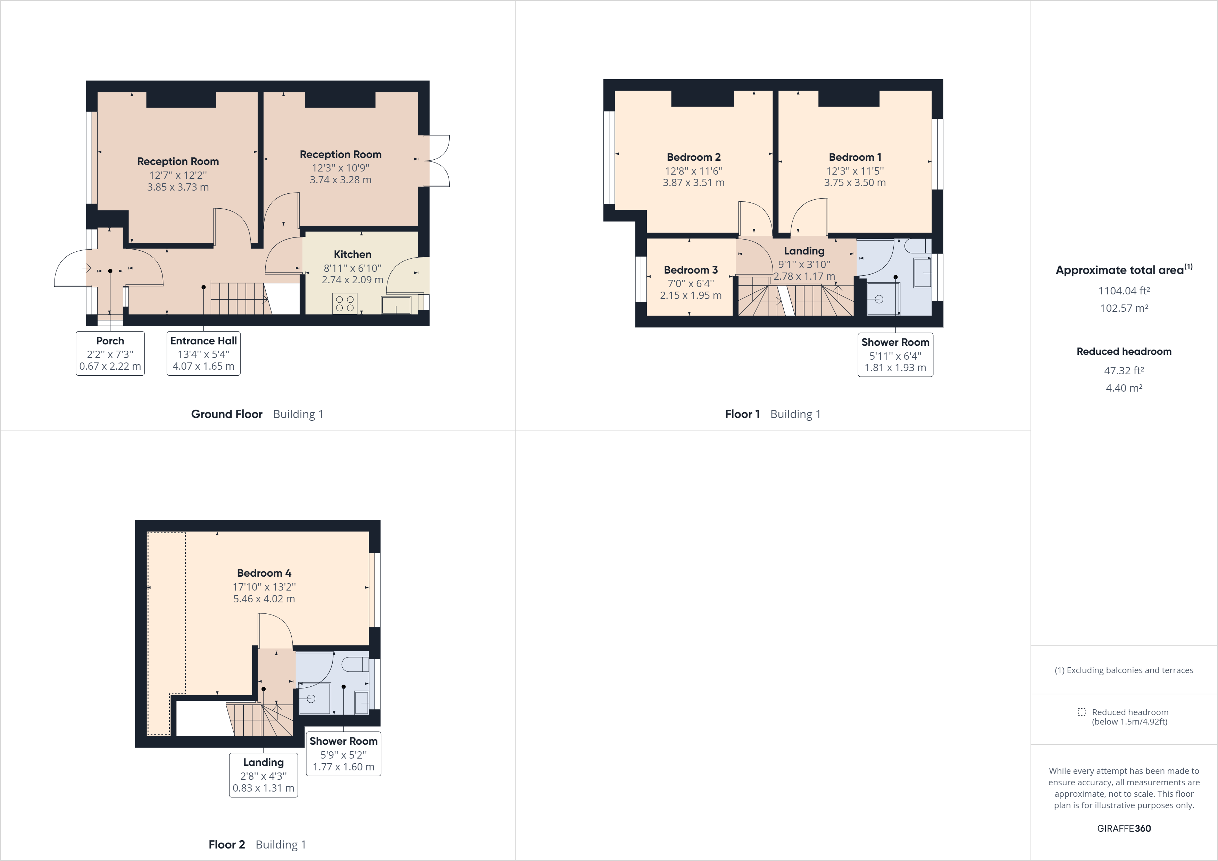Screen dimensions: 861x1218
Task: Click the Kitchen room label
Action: tap(352, 254)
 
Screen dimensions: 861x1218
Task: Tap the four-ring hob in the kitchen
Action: tap(345, 303)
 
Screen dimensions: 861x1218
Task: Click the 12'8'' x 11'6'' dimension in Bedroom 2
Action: tap(693, 171)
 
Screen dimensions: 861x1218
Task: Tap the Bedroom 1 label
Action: tap(854, 157)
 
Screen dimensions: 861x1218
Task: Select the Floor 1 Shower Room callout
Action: tap(895, 354)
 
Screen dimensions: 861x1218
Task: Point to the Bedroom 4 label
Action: tap(264, 573)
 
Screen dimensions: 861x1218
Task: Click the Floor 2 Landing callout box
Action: tap(263, 775)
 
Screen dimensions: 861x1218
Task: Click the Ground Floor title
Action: tap(226, 414)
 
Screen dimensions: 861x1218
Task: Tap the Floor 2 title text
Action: tap(226, 845)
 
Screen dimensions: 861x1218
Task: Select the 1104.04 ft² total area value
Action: tap(1124, 291)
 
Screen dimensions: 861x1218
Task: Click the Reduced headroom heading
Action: tap(1124, 351)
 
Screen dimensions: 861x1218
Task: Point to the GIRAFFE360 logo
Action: tap(1124, 828)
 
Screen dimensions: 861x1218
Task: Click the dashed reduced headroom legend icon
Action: tap(1081, 712)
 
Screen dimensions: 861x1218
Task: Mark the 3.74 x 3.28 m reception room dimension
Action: tap(341, 180)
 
